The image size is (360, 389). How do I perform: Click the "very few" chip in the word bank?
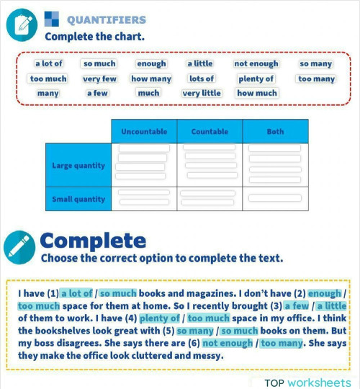(x=99, y=79)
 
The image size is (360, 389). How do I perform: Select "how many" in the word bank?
(x=151, y=79)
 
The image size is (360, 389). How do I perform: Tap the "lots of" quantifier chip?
(x=201, y=79)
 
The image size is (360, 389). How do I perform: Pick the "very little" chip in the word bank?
(x=201, y=94)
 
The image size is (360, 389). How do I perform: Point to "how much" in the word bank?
(x=256, y=94)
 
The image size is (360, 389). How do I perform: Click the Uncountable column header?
(x=144, y=132)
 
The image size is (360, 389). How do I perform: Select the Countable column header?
(x=210, y=132)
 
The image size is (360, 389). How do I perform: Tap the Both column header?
(x=275, y=132)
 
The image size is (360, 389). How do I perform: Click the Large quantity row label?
(x=78, y=166)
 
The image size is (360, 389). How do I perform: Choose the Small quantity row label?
(x=78, y=200)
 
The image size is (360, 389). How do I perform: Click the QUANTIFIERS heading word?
(x=106, y=20)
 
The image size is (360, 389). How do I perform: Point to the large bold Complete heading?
(x=92, y=240)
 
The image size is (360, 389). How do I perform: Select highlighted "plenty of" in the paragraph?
(x=159, y=318)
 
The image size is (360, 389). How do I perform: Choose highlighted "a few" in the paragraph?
(x=296, y=305)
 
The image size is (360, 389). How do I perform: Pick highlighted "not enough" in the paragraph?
(x=228, y=343)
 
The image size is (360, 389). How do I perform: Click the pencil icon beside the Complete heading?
(x=19, y=246)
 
